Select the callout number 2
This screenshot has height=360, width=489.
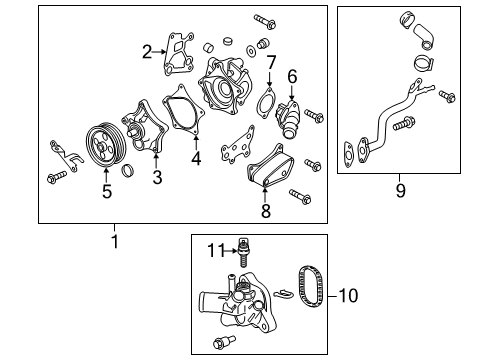click(147, 53)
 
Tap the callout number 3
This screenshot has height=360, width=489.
click(157, 178)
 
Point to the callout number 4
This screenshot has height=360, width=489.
click(196, 157)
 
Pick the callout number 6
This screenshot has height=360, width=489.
click(293, 75)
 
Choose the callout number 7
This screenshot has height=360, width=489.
click(270, 63)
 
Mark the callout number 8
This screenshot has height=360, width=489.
click(265, 211)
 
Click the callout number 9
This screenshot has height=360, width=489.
click(399, 189)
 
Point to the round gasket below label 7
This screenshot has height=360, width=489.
click(266, 103)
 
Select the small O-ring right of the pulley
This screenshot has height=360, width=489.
click(128, 175)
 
